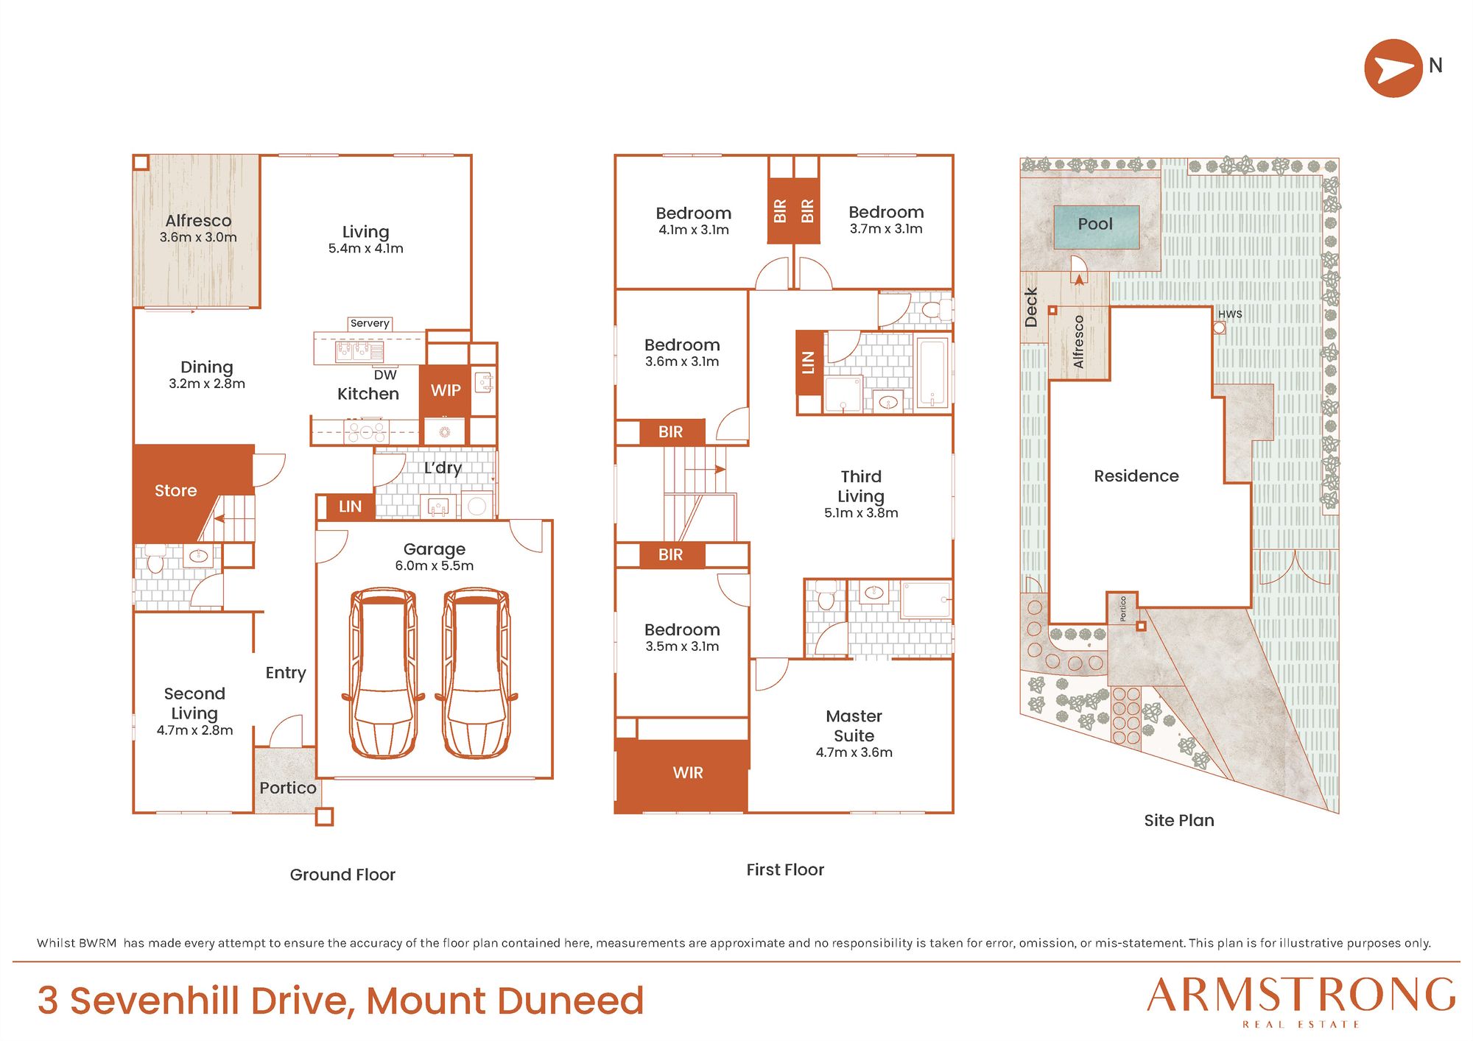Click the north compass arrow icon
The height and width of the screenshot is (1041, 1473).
pos(1393,68)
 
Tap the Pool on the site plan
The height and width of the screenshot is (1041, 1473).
pos(1097,227)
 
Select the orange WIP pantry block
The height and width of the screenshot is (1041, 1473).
pos(445,390)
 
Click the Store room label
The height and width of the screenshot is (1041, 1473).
pos(175,490)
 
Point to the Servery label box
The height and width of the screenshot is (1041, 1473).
pos(370,323)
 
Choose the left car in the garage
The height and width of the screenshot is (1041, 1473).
pos(383,673)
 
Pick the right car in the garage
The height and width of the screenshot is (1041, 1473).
pos(477,673)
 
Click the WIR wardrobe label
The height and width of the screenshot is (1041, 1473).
pos(688,772)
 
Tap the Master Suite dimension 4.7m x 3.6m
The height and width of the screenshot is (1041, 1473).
pos(854,752)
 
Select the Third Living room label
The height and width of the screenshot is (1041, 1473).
pos(861,486)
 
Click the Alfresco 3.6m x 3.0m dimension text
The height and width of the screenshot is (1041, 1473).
pos(198,237)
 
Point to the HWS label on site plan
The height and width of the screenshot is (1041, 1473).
pos(1230,314)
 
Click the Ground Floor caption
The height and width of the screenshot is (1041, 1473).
pos(342,875)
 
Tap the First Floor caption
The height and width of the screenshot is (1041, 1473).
pos(785,869)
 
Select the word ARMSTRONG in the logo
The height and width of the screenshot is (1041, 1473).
pos(1301,995)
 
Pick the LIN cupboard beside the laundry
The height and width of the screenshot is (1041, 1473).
pos(350,507)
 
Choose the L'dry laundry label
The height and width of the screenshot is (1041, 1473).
pos(443,467)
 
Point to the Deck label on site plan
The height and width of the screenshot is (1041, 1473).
pos(1031,307)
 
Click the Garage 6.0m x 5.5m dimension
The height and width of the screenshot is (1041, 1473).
pos(435,565)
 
